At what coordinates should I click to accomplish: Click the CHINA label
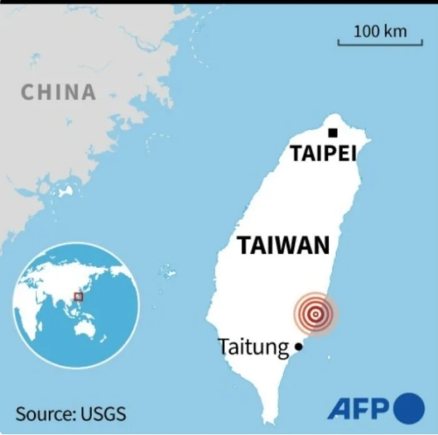click(58, 92)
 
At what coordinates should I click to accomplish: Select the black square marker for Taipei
click(333, 133)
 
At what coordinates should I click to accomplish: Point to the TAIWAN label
click(283, 245)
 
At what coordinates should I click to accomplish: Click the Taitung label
click(253, 347)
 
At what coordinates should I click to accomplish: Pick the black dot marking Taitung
click(298, 348)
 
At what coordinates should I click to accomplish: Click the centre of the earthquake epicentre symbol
click(315, 315)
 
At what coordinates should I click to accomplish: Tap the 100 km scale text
click(380, 31)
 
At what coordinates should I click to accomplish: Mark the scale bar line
click(380, 45)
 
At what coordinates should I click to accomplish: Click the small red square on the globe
click(79, 296)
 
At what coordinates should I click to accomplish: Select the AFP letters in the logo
click(358, 409)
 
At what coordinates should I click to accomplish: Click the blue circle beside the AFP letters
click(409, 408)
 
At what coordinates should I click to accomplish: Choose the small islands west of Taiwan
click(167, 272)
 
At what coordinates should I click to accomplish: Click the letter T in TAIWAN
click(244, 245)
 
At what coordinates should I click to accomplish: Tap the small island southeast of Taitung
click(328, 356)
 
